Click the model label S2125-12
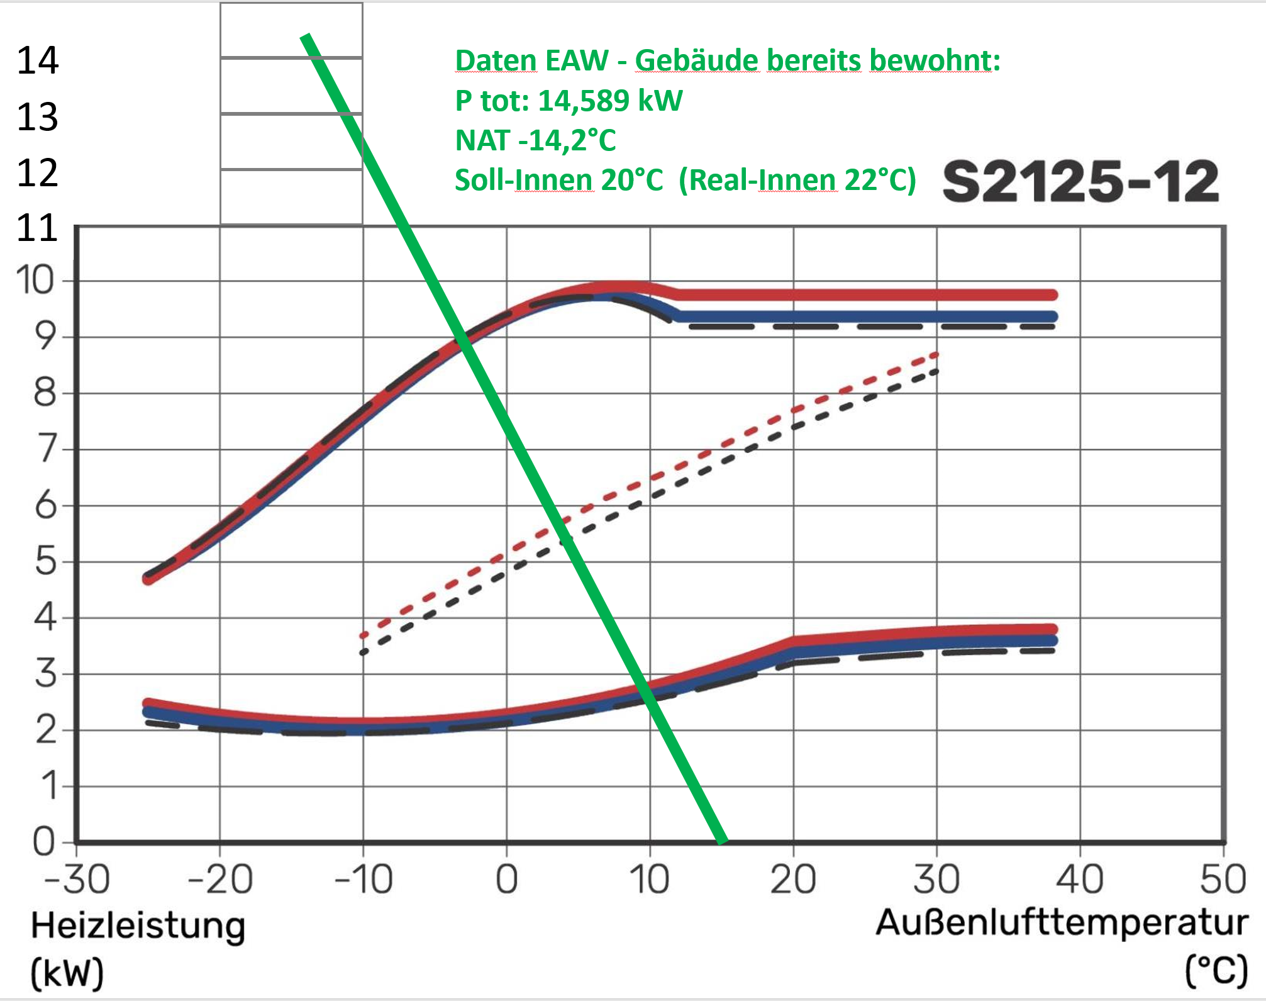tap(1080, 181)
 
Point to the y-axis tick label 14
tap(38, 61)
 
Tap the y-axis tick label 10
tap(35, 280)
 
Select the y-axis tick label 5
tap(45, 561)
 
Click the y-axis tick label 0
tap(44, 842)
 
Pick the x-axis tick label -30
tap(77, 880)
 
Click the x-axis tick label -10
tap(364, 880)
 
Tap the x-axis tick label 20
tap(793, 880)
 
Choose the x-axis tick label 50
tap(1223, 880)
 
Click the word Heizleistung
tap(138, 927)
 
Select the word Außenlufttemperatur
tap(1062, 924)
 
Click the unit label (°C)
tap(1216, 971)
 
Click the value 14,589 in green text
tap(584, 101)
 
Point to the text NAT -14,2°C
tap(535, 140)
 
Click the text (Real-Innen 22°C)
tap(797, 180)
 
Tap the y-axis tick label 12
tap(38, 173)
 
